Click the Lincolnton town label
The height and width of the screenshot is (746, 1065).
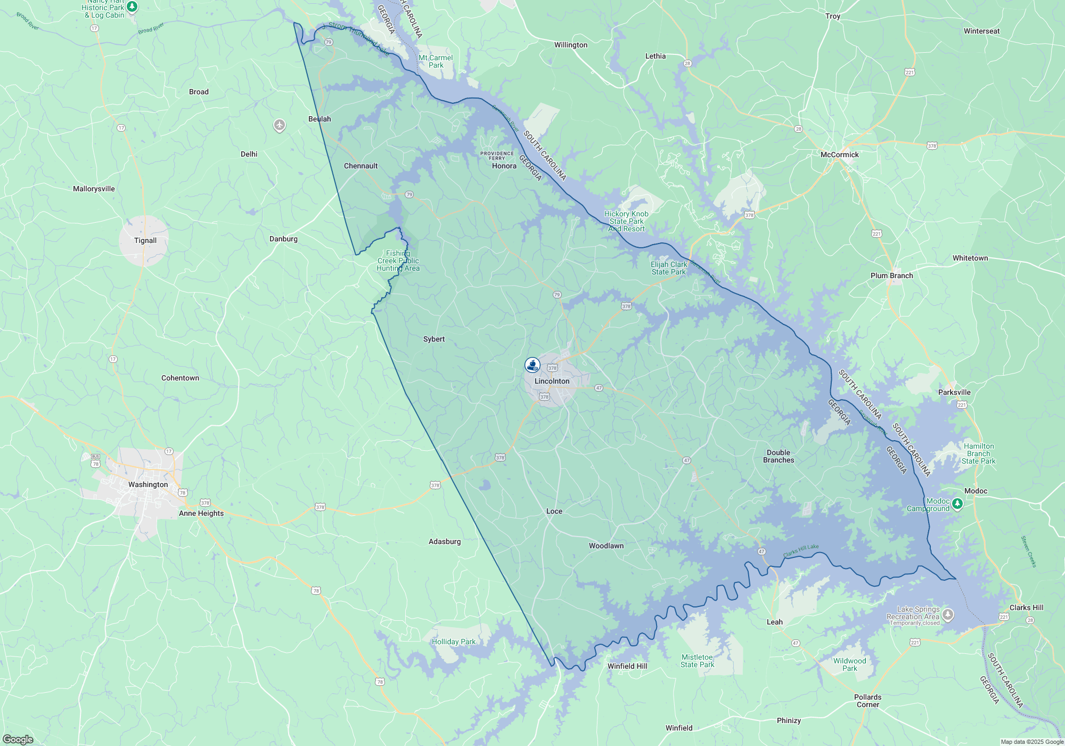point(552,381)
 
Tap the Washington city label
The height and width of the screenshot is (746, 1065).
point(148,484)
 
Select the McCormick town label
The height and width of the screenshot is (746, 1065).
point(839,155)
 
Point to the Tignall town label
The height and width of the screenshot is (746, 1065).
point(145,240)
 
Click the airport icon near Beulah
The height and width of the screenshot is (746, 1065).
point(280,125)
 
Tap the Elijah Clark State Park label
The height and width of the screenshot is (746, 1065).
point(669,268)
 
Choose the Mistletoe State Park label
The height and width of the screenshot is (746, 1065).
point(697,661)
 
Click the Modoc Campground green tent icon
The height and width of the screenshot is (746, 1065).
point(957,504)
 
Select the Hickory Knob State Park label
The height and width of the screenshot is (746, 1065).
point(626,221)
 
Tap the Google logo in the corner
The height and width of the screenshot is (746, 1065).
point(18,740)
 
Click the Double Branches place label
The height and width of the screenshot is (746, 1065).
point(779,456)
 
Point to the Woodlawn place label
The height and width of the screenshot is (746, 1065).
point(606,546)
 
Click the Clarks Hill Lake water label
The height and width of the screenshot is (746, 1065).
point(801,551)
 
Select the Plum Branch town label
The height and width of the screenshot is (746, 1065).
point(891,275)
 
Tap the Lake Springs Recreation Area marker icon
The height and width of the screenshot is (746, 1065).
point(948,615)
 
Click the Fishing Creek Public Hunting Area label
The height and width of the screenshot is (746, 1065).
point(398,261)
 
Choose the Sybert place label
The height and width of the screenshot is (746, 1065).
point(434,339)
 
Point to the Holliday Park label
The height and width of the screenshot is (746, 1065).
point(454,642)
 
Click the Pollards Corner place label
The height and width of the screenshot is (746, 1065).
point(867,701)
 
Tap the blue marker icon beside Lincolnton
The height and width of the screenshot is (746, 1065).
point(532,365)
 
